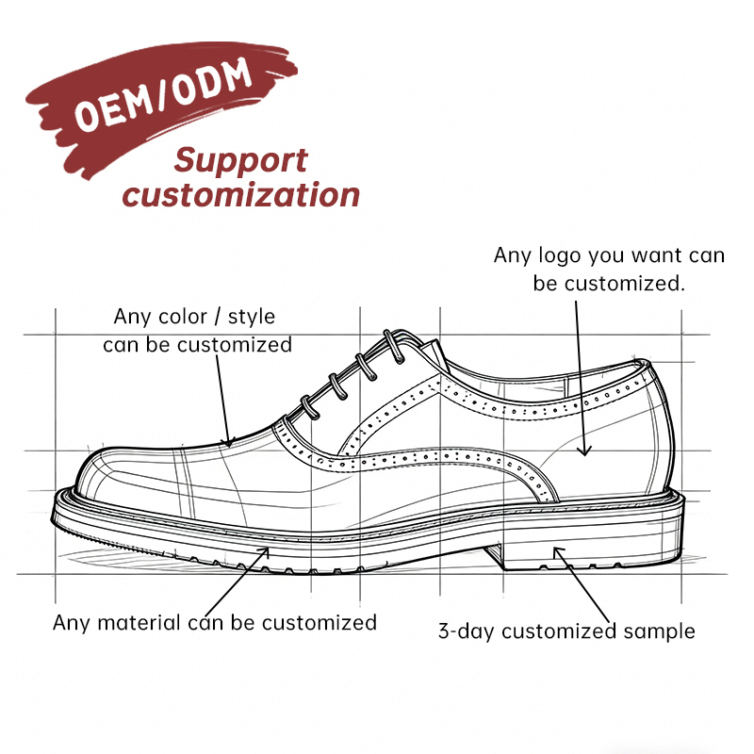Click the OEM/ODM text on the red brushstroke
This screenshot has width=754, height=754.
[162, 95]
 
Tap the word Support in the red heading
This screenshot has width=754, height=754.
[240, 161]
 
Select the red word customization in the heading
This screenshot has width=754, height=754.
[241, 195]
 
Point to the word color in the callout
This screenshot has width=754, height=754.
[182, 317]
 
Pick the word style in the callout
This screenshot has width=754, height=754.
[251, 318]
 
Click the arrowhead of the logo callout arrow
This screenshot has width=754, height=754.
[584, 451]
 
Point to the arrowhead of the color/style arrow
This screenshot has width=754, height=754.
[229, 442]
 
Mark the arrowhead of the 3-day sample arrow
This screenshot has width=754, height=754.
[558, 552]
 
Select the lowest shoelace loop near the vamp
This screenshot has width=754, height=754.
[310, 408]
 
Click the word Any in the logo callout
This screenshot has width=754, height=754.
[512, 255]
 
